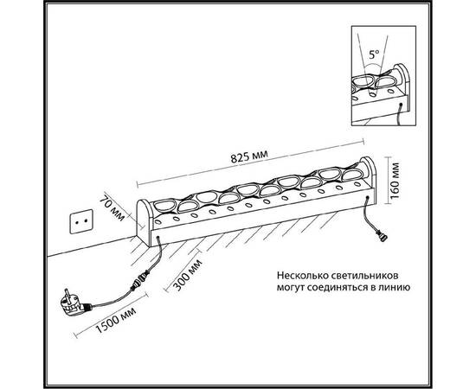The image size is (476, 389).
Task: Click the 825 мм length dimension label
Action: click(x=249, y=156)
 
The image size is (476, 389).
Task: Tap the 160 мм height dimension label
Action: click(x=395, y=181)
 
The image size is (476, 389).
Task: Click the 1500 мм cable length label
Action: click(x=116, y=320)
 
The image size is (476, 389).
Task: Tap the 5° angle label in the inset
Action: click(x=374, y=54)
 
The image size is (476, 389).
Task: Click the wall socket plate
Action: click(x=81, y=221)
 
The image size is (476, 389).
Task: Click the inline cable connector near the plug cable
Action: click(x=139, y=280)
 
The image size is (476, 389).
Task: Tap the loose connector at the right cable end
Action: click(x=382, y=236)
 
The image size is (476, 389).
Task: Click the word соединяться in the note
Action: click(x=337, y=288)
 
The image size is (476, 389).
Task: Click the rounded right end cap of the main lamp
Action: click(x=370, y=178)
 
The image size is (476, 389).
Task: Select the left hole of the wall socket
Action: click(x=77, y=222)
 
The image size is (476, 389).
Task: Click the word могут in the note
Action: click(x=290, y=288)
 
